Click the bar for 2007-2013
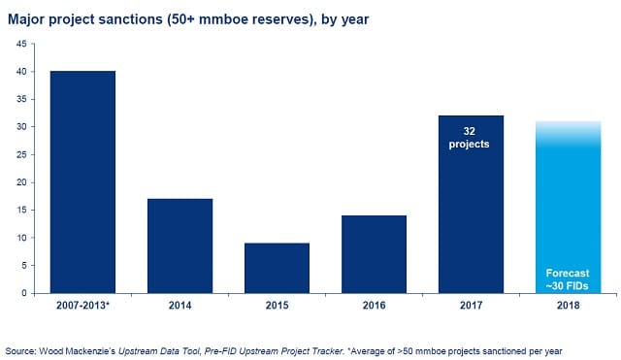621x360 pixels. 82,182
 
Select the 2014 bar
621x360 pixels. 180,245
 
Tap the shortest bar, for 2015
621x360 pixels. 277,268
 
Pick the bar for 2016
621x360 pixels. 374,254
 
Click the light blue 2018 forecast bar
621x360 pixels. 569,207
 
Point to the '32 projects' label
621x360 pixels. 469,138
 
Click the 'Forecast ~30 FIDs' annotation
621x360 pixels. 568,279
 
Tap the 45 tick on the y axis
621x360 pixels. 21,44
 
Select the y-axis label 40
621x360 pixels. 21,72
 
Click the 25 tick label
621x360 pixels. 21,155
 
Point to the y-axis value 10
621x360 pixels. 21,238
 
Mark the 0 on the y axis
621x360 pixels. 24,293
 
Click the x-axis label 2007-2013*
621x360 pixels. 82,306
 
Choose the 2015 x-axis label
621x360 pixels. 277,306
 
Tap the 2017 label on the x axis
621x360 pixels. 471,306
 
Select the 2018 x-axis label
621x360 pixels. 568,306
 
